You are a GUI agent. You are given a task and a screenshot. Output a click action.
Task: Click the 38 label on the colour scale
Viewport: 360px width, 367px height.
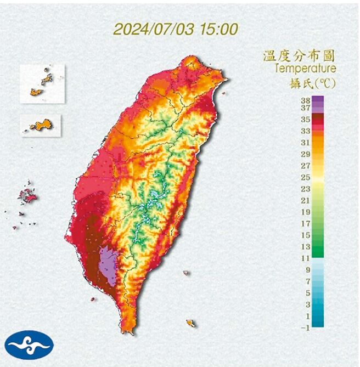click(306, 100)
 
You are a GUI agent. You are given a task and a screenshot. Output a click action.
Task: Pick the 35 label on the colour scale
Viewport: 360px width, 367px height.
click(306, 118)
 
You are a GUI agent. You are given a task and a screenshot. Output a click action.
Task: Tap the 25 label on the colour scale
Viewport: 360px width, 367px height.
click(306, 177)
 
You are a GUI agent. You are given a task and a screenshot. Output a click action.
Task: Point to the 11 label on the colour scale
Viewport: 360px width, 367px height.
click(306, 257)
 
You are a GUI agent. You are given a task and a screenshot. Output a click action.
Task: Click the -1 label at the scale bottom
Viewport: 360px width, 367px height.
click(305, 328)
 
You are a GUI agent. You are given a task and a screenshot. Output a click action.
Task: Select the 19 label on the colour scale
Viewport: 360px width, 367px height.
click(306, 212)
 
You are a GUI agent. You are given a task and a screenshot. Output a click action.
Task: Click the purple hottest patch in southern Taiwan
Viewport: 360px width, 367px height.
click(108, 264)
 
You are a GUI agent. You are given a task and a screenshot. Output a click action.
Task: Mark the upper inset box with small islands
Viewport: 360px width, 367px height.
click(42, 84)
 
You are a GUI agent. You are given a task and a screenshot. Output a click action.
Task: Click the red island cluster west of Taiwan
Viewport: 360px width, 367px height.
click(26, 195)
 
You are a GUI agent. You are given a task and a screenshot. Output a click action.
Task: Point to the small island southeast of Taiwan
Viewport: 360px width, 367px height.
click(190, 323)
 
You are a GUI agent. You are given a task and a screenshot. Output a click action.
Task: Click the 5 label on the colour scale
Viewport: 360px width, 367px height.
click(308, 292)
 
